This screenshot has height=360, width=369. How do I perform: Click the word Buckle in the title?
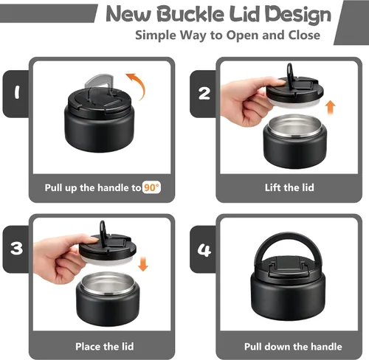tap(190, 14)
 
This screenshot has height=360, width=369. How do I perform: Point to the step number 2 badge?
tap(204, 94)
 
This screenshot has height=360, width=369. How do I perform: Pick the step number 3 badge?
tap(16, 249)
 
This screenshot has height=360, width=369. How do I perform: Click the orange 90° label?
tap(151, 188)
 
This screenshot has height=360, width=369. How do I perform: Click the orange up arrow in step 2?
tap(330, 108)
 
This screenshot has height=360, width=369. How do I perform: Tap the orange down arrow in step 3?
tap(143, 264)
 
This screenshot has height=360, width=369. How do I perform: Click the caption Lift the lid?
tap(289, 187)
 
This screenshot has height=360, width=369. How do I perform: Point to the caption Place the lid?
tap(105, 347)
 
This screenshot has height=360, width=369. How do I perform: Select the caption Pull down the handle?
tap(293, 347)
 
